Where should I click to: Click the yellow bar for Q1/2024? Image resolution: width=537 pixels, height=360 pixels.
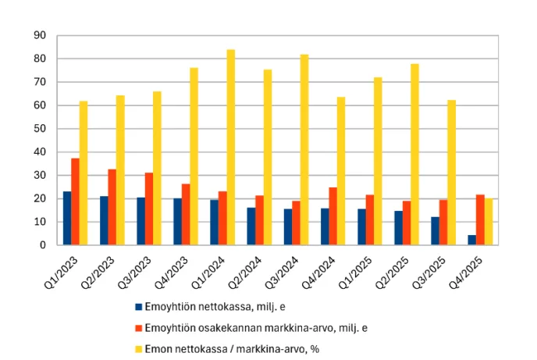click(230, 148)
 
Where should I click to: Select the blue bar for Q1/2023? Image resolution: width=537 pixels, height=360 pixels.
click(67, 218)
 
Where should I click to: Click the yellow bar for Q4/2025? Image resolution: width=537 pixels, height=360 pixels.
click(488, 222)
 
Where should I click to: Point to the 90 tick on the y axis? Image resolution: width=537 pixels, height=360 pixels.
click(40, 36)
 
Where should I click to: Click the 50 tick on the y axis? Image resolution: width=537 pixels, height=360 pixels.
click(40, 129)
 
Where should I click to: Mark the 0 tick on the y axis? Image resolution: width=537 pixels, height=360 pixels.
click(43, 245)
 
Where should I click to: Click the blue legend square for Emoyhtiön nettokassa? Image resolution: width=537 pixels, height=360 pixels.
click(138, 307)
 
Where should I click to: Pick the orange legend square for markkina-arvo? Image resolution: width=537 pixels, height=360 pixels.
click(138, 328)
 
